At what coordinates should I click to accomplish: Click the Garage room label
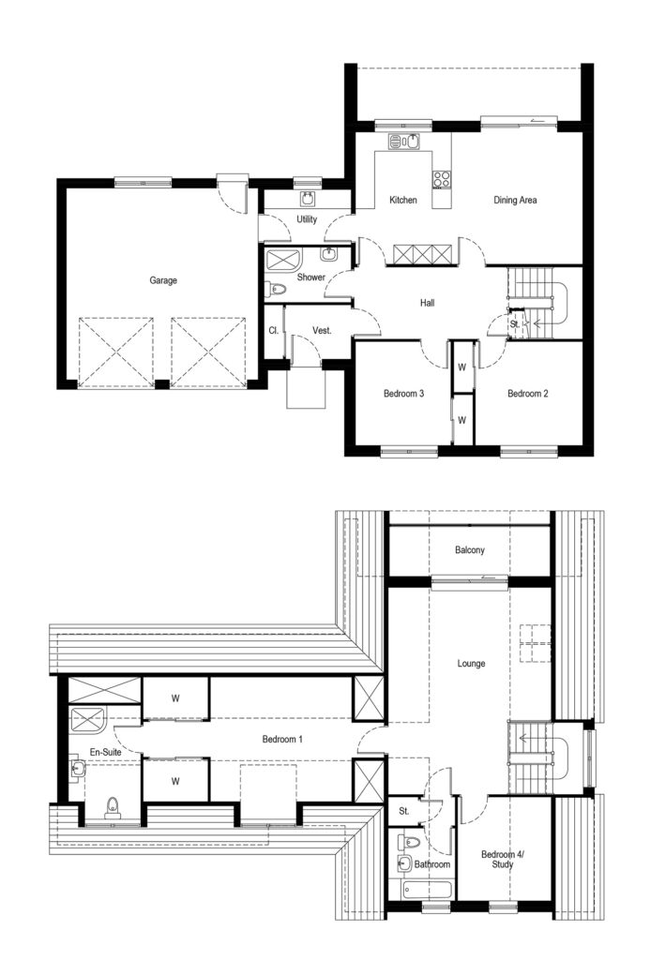tap(162, 279)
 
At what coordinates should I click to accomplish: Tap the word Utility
tap(306, 219)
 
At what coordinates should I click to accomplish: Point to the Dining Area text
tap(515, 201)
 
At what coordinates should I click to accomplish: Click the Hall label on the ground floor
tap(427, 302)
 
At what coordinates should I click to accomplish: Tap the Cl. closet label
tap(273, 330)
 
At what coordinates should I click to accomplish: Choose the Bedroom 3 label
tap(404, 394)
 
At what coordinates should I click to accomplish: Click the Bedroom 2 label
tap(528, 394)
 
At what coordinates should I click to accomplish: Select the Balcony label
tap(470, 550)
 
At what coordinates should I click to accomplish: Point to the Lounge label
tap(471, 664)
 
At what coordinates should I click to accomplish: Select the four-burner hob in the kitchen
tap(442, 177)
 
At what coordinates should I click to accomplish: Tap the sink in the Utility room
tap(308, 198)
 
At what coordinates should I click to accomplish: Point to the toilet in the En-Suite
tap(113, 808)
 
